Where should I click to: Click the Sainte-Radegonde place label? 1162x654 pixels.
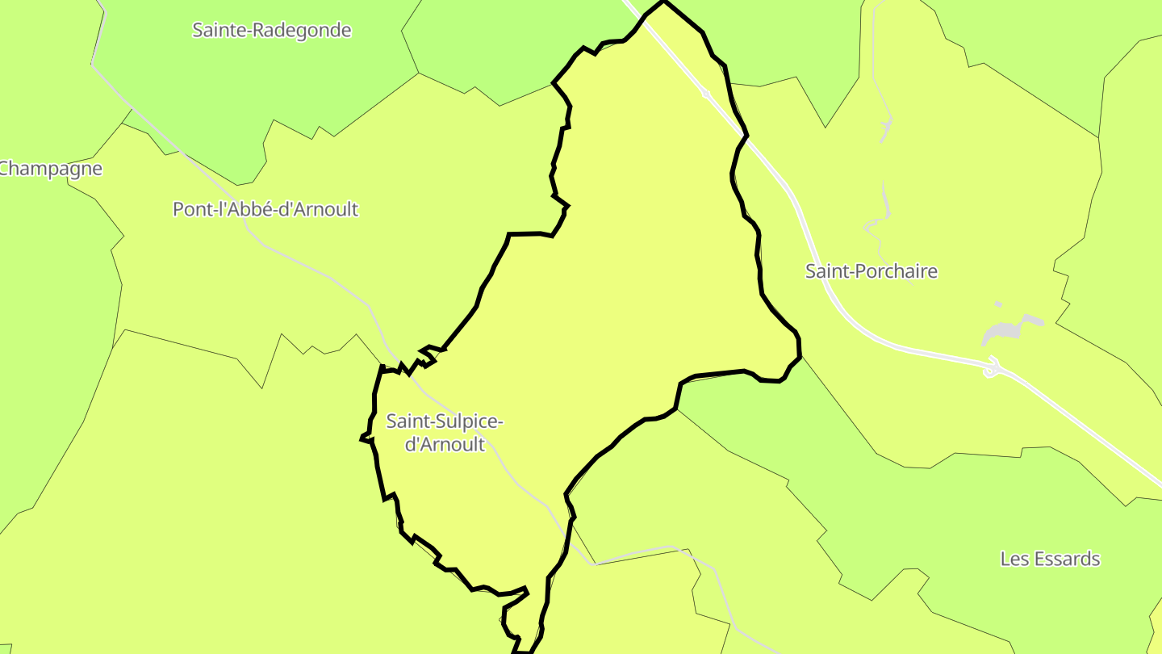coord(271,31)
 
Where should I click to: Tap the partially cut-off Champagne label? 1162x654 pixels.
coord(51,169)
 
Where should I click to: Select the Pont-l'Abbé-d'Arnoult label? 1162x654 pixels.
coord(265,210)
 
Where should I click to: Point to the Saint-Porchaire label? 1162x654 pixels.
coord(871,271)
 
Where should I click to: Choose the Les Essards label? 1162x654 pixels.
coord(1050,559)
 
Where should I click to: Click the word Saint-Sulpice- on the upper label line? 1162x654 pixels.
coord(445,421)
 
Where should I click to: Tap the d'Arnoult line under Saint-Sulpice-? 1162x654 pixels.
coord(445,444)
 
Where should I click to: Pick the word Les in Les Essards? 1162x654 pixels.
coord(1014,559)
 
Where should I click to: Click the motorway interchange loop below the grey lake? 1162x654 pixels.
coord(992,368)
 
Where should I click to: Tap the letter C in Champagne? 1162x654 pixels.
coord(4,169)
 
